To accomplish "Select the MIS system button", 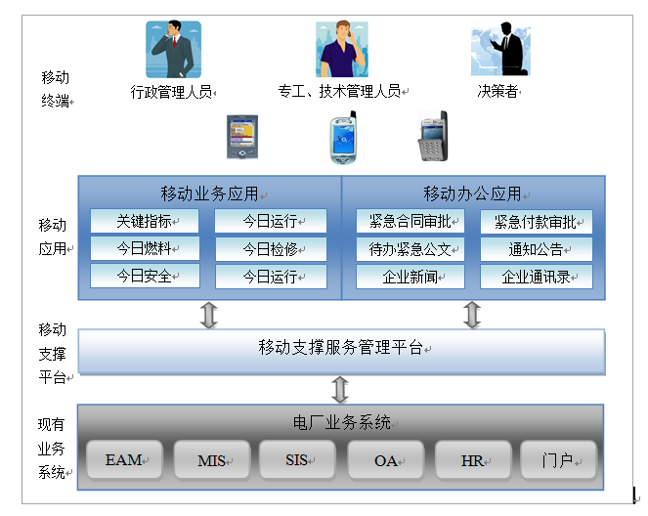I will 212,460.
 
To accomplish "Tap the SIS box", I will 298,460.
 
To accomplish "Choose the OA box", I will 386,460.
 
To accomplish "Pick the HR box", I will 473,460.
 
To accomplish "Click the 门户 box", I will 558,460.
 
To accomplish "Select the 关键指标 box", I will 145,221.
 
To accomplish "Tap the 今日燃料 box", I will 145,248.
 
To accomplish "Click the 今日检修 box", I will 271,248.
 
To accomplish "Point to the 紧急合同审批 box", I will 410,221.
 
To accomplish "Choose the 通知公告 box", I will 537,248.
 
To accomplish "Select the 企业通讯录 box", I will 537,277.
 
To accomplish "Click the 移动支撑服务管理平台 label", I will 341,347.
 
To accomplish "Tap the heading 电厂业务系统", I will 341,422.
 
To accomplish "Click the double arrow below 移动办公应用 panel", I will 472,315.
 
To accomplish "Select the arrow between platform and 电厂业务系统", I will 340,389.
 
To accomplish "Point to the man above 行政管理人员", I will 173,50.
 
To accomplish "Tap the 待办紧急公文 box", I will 410,248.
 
